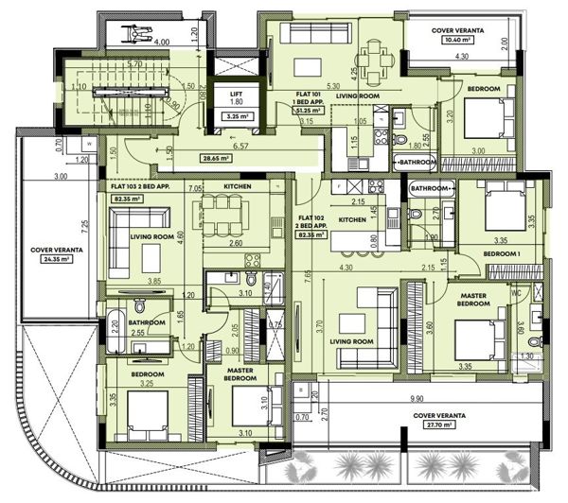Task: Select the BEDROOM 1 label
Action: [501, 254]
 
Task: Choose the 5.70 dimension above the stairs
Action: [135, 63]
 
